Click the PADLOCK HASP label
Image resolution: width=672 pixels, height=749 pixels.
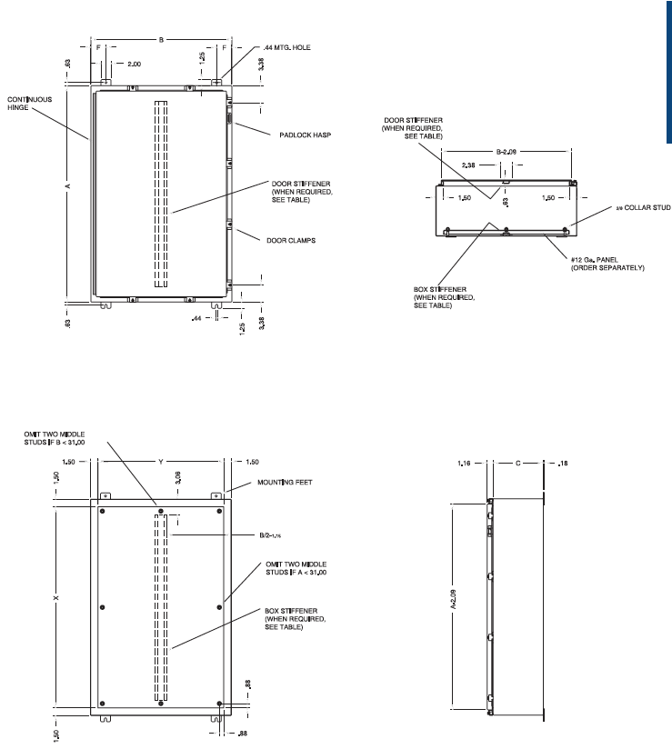point(304,135)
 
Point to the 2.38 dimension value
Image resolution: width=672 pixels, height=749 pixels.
point(469,166)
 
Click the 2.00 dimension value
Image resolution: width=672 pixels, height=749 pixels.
point(134,65)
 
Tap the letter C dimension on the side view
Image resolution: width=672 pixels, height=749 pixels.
point(517,463)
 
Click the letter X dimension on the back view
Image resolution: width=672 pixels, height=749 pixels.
point(56,599)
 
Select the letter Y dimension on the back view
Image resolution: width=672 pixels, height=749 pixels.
point(160,462)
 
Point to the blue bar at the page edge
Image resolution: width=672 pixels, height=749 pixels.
point(667,73)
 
